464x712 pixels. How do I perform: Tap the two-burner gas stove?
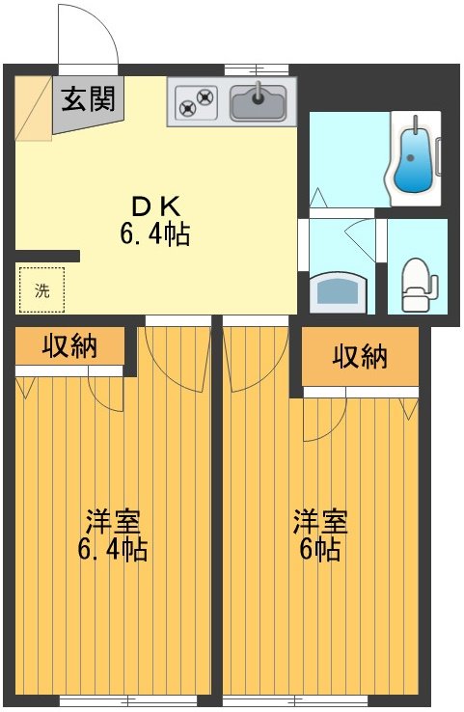[196, 99]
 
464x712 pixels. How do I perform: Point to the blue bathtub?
[416, 159]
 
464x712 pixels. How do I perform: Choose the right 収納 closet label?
[360, 356]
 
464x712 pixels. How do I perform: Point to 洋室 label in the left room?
[112, 522]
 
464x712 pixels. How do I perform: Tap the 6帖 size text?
[320, 550]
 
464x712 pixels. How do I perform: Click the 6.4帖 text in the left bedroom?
[112, 550]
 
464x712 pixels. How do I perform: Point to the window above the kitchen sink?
[257, 69]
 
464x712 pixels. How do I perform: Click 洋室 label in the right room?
[320, 522]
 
